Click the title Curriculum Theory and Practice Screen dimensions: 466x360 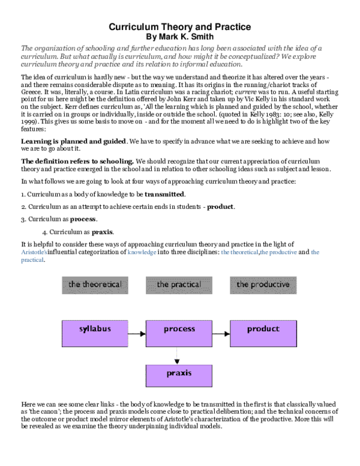tap(179, 27)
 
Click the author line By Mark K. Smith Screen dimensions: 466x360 tap(179, 37)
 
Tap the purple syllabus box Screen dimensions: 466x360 tap(95, 329)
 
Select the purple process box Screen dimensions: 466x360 tap(179, 329)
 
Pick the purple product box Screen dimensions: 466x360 tap(263, 329)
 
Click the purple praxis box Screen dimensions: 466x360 tap(179, 374)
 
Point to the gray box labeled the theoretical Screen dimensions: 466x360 tap(95, 284)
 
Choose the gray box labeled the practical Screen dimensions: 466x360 tap(179, 284)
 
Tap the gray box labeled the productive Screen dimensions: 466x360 tap(263, 284)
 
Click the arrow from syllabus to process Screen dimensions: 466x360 tap(137, 330)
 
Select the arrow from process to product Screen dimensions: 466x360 tap(221, 330)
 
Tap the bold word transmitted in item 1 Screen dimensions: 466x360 tap(164, 195)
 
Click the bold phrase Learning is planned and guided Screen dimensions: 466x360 tap(74, 141)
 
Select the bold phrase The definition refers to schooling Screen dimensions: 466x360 tap(77, 162)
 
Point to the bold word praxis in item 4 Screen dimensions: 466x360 tap(103, 231)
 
